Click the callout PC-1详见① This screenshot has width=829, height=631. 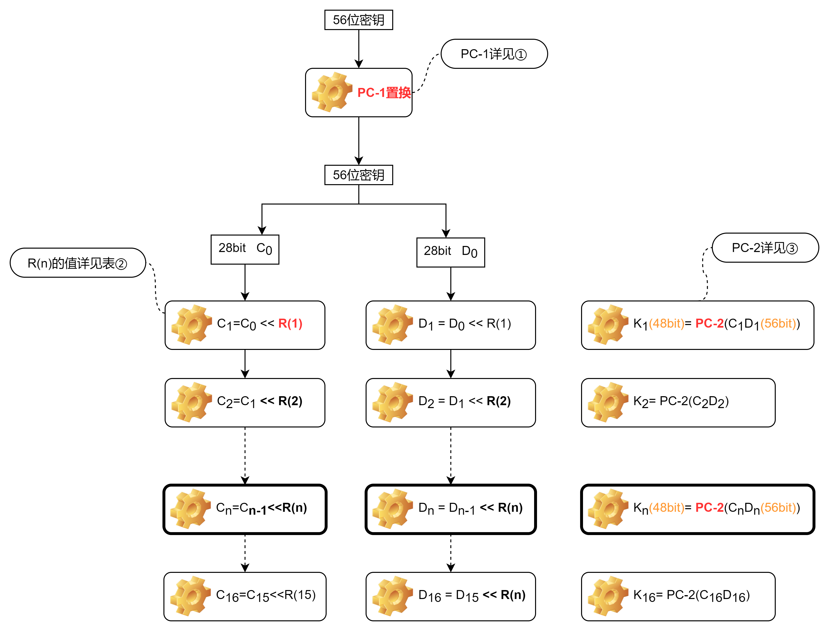tap(494, 54)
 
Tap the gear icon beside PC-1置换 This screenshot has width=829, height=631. tap(332, 92)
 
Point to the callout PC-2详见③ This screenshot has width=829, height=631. tap(765, 248)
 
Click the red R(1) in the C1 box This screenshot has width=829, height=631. tap(290, 323)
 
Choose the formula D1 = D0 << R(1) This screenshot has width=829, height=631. tap(465, 324)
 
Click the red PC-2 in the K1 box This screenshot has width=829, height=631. tap(709, 323)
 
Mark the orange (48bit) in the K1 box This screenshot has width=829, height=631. tap(667, 323)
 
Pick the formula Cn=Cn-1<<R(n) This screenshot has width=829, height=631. tap(261, 508)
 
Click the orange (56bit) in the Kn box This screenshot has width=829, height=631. tap(778, 508)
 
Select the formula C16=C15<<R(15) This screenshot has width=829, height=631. tap(266, 595)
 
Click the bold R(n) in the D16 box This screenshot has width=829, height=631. tap(513, 595)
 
